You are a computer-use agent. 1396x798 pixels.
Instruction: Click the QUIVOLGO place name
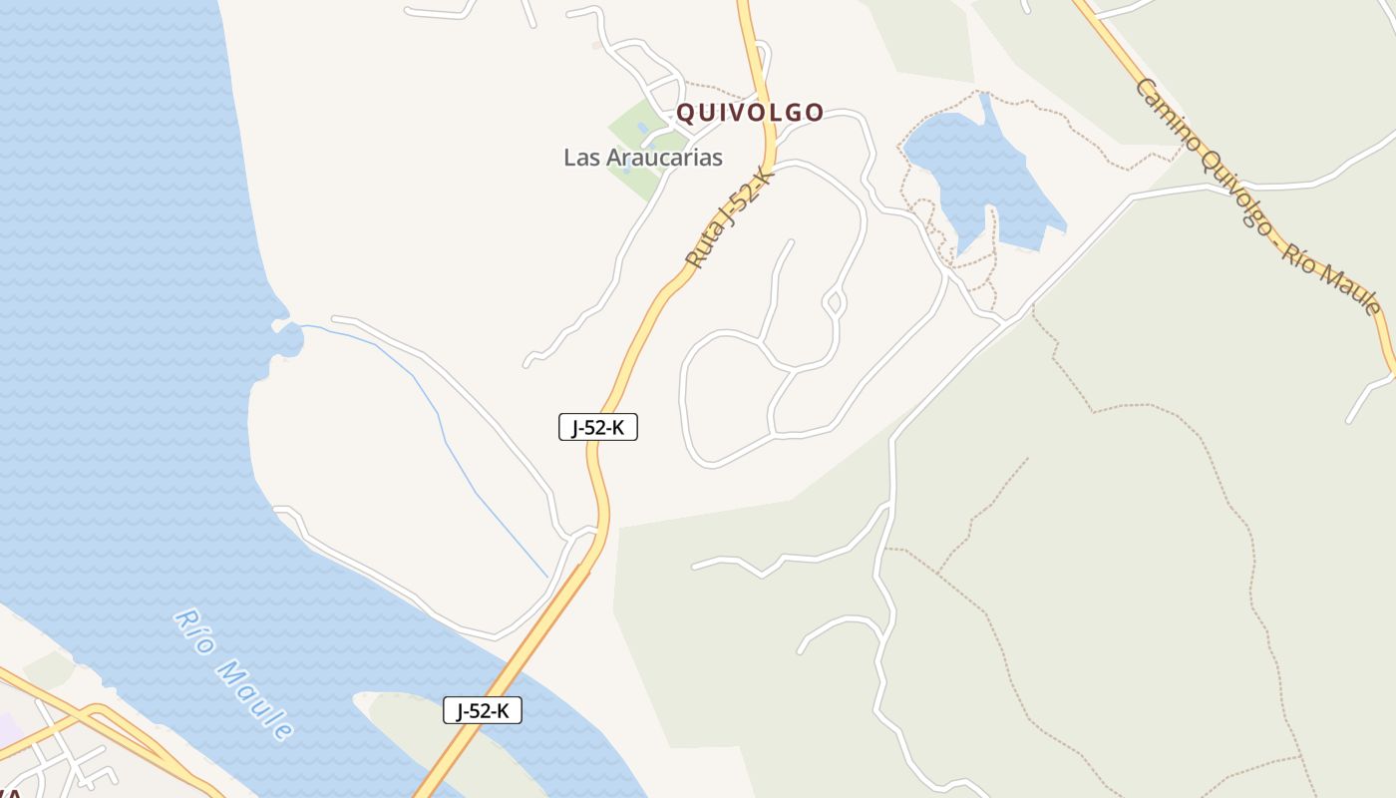tap(750, 113)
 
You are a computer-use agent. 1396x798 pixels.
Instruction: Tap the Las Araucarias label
tap(642, 158)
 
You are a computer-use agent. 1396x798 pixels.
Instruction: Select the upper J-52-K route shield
tap(597, 428)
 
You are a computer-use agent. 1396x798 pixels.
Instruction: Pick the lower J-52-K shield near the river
tap(482, 710)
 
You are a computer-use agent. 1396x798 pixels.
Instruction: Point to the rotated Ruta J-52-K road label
tap(730, 217)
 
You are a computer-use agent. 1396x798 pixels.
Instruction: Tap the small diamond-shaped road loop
tap(834, 301)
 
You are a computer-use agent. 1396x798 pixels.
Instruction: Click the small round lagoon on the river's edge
tap(289, 339)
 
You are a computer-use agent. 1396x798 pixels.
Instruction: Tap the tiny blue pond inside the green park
tap(640, 129)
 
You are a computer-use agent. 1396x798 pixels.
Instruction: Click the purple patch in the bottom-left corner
tap(8, 728)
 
